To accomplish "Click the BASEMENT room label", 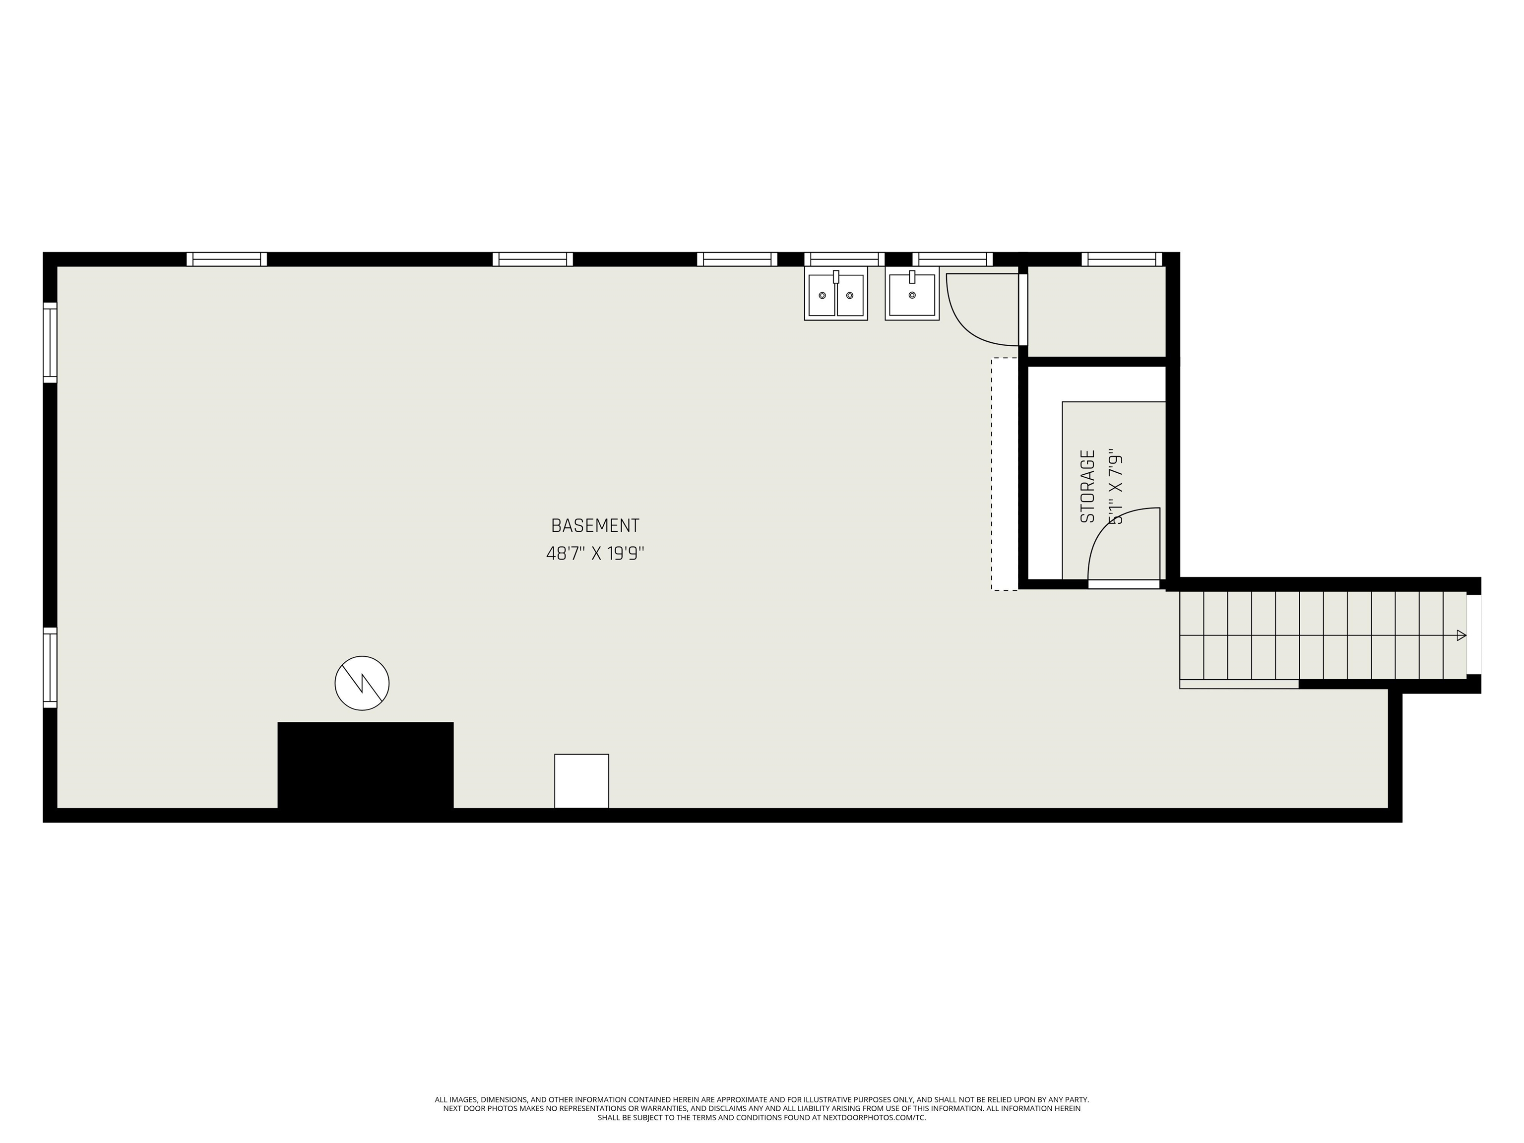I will (595, 526).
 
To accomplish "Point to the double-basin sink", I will (836, 295).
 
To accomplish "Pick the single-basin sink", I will (911, 295).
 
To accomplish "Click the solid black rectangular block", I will (365, 765).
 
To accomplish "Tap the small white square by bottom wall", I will (581, 780).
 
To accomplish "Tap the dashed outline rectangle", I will (1004, 474).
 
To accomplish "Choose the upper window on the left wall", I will (50, 342).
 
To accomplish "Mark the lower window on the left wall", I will (50, 667).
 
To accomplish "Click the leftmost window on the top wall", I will (227, 259).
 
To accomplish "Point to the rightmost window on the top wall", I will (1122, 259).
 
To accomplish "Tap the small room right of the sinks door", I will (1095, 312).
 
